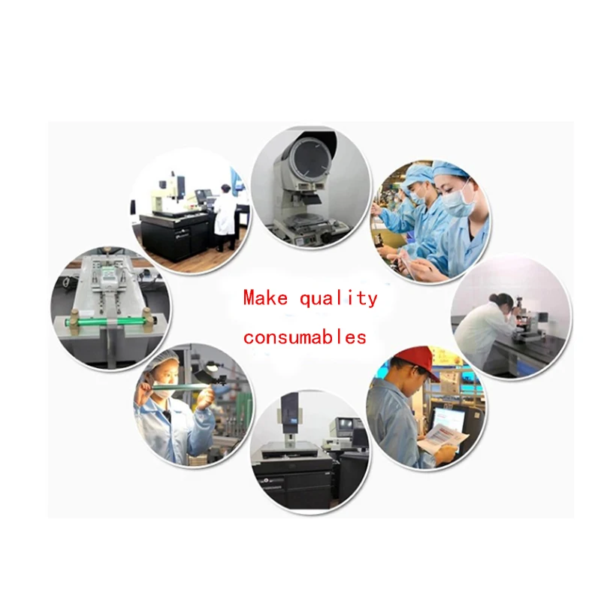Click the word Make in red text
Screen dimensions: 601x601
coord(265,297)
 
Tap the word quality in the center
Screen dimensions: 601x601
coord(339,298)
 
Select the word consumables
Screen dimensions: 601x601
coord(305,337)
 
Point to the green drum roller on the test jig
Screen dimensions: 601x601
coord(110,321)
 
